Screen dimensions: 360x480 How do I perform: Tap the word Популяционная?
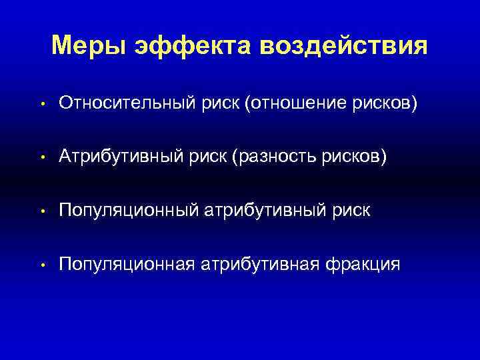pyautogui.click(x=127, y=264)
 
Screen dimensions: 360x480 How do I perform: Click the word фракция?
pyautogui.click(x=363, y=264)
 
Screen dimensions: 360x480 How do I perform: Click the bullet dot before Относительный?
pyautogui.click(x=41, y=105)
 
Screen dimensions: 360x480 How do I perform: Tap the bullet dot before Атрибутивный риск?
pyautogui.click(x=41, y=158)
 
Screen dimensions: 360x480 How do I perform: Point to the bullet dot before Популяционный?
pyautogui.click(x=41, y=212)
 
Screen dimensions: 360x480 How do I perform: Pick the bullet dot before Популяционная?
pyautogui.click(x=41, y=265)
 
